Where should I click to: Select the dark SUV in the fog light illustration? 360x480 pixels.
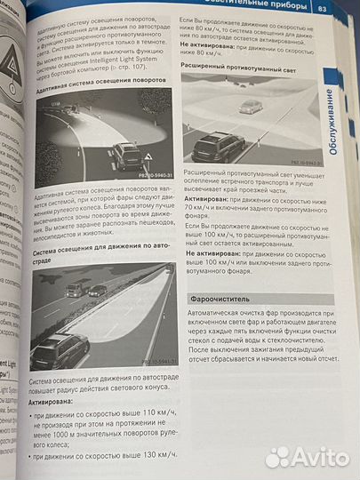[x=218, y=145]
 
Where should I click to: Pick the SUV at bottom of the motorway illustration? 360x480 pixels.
[x=59, y=350]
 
